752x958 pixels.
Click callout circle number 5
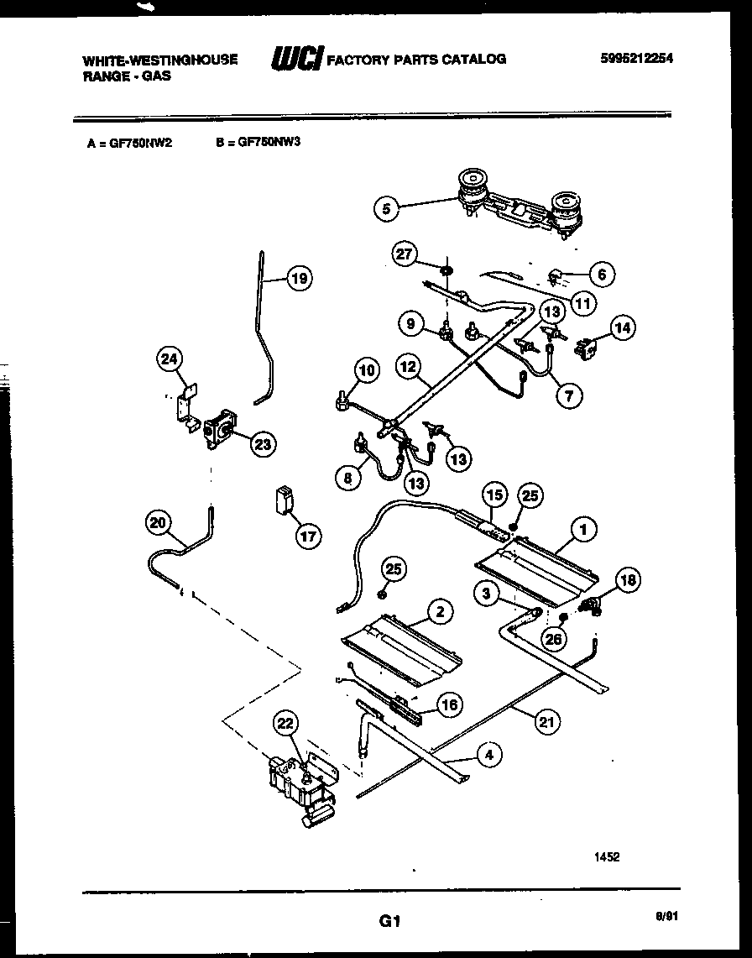[386, 208]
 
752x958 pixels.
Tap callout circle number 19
[298, 279]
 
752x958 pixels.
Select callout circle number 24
[170, 360]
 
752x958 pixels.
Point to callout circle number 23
[264, 444]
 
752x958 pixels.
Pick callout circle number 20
[157, 522]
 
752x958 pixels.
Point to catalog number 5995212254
[638, 59]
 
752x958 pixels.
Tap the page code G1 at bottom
[387, 921]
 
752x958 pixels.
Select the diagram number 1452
[608, 856]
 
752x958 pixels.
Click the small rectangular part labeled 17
[284, 499]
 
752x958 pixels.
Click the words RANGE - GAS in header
[126, 76]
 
